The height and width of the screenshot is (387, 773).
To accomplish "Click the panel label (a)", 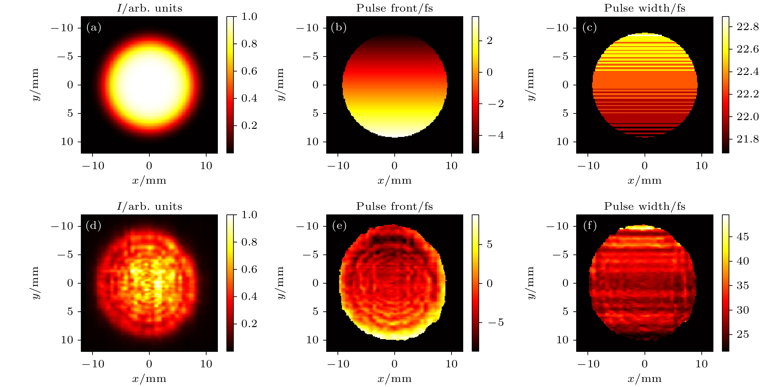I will pos(94,28).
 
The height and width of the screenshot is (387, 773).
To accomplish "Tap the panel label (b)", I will pos(338,28).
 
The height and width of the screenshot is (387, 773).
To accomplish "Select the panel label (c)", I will pos(589,28).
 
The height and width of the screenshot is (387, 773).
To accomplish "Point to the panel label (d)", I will pos(93,226).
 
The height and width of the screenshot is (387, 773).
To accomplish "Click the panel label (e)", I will pos(339,226).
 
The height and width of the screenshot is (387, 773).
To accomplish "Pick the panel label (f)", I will pos(590,226).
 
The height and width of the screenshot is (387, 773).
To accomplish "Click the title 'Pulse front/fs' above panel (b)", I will pos(394,8).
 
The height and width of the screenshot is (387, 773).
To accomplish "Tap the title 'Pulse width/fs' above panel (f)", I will pos(645,206).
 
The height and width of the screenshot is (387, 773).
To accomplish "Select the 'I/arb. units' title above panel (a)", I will pos(149,8).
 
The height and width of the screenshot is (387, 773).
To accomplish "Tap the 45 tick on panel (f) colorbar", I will pos(743,237).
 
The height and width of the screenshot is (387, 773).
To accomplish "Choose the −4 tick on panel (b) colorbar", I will pos(496,135).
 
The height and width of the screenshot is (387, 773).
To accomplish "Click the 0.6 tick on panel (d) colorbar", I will pos(249,269).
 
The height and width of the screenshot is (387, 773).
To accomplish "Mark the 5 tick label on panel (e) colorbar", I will pos(490,245).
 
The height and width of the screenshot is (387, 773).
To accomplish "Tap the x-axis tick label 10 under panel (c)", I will pos(702,166).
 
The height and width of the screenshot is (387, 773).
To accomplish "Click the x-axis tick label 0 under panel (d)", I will pos(149,364).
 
